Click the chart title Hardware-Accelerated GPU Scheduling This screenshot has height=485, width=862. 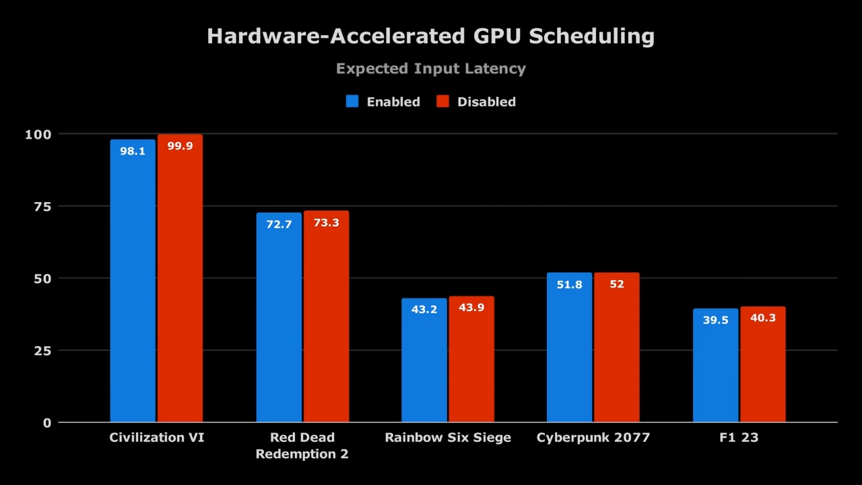(430, 36)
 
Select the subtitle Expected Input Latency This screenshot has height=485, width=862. (430, 69)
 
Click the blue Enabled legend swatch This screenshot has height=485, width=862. (352, 102)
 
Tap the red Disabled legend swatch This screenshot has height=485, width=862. (442, 102)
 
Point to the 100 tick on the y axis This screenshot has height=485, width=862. (38, 135)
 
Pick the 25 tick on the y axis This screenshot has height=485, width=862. (42, 351)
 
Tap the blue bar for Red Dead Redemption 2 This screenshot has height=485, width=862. (279, 323)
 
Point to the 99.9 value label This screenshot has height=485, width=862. (180, 146)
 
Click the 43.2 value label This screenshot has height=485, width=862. (424, 310)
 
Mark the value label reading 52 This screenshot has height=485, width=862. (617, 284)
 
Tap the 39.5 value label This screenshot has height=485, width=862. (715, 321)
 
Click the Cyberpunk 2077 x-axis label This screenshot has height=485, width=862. (593, 438)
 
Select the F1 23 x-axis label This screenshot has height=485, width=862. (739, 438)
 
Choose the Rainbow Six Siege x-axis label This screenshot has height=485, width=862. (448, 438)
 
